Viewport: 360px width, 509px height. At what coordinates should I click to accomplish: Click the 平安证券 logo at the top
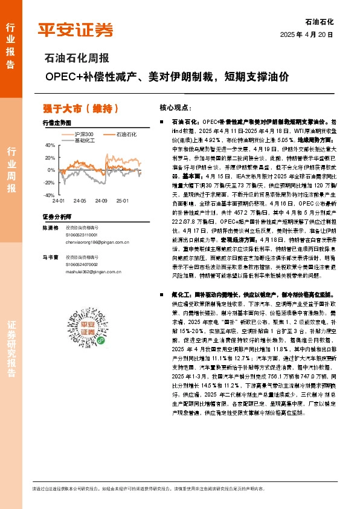point(75,29)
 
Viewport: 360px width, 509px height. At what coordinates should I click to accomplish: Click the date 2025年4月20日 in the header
point(306,34)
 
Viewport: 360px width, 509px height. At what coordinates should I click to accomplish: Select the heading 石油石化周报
point(77,59)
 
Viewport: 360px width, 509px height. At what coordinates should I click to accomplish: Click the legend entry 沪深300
point(83,133)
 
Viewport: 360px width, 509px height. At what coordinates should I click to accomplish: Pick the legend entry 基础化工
point(83,139)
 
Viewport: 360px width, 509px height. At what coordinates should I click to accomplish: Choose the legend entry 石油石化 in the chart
point(126,133)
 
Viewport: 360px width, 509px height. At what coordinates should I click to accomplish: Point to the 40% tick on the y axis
point(50,145)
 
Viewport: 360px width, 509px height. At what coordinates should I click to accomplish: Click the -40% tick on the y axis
point(49,195)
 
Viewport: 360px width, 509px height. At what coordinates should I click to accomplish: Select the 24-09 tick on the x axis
point(100,200)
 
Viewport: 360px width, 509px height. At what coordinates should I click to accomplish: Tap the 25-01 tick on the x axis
point(123,200)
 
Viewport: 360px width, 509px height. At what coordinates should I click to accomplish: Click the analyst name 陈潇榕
point(51,228)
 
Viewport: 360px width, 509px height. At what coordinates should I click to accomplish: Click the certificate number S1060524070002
point(83,264)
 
